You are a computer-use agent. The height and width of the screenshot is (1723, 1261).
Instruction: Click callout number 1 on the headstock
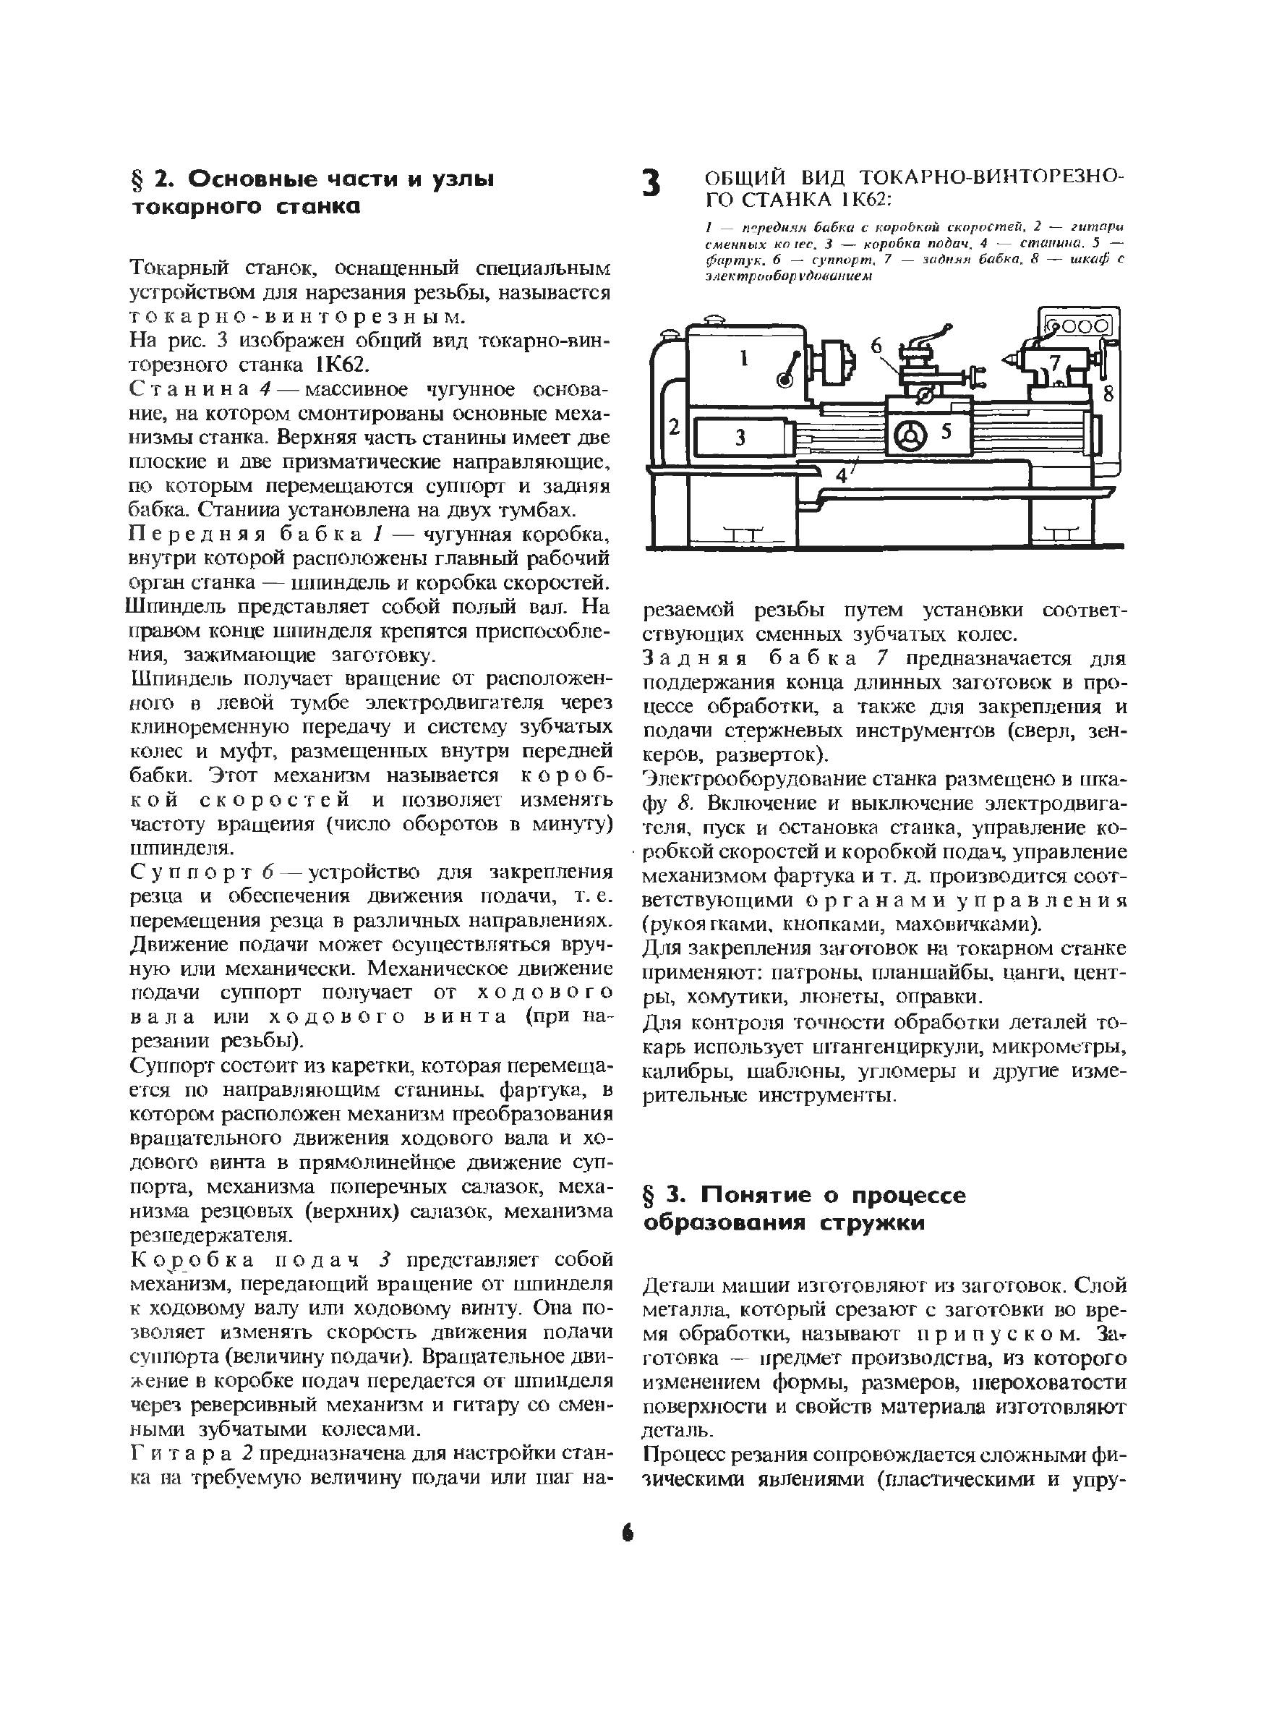click(745, 357)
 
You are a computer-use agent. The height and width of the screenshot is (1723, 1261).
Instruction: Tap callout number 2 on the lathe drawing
click(674, 427)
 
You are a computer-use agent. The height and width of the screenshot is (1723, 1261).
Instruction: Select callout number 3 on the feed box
click(740, 438)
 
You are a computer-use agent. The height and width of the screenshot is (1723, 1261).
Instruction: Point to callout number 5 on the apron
click(946, 431)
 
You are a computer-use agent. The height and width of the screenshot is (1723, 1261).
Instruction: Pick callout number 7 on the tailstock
click(1056, 360)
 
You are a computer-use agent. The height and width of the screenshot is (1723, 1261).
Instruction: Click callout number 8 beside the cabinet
click(1109, 394)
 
